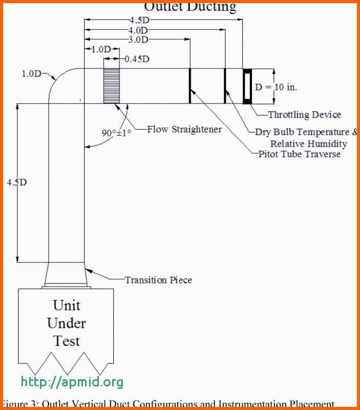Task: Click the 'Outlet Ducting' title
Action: pyautogui.click(x=190, y=6)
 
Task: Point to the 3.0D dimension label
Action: pyautogui.click(x=138, y=39)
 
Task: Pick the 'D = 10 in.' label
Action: pyautogui.click(x=276, y=87)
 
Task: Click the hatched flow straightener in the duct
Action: pyautogui.click(x=112, y=86)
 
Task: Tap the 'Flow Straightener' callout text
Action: pyautogui.click(x=184, y=129)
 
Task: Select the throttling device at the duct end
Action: pyautogui.click(x=247, y=86)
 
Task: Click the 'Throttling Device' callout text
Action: pyautogui.click(x=304, y=115)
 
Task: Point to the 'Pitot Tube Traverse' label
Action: pyautogui.click(x=299, y=154)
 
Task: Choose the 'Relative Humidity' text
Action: pyautogui.click(x=308, y=143)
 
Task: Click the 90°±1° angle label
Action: pyautogui.click(x=116, y=133)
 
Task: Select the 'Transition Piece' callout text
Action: pyautogui.click(x=159, y=280)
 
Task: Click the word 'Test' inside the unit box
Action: pyautogui.click(x=67, y=340)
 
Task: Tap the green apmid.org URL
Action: pyautogui.click(x=72, y=382)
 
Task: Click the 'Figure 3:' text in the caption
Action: pyautogui.click(x=19, y=404)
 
